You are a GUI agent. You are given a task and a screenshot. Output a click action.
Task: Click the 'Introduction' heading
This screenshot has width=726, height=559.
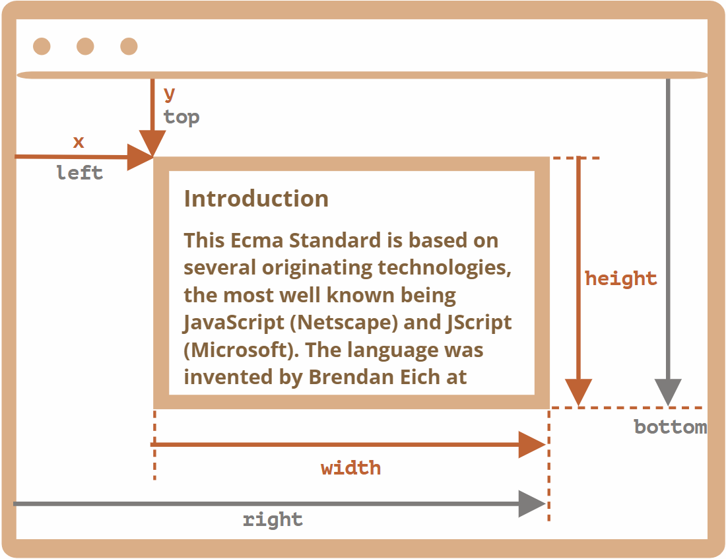[x=256, y=199]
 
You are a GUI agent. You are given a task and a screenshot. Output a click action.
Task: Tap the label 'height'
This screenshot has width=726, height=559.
[x=621, y=279]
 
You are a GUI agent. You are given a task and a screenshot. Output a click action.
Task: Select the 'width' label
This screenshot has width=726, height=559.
[x=350, y=468]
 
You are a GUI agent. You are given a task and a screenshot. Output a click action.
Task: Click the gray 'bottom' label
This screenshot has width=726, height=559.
[x=670, y=427]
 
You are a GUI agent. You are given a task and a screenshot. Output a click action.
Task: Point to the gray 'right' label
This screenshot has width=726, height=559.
[x=273, y=519]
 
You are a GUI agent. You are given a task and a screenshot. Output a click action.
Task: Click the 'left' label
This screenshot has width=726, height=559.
[x=80, y=173]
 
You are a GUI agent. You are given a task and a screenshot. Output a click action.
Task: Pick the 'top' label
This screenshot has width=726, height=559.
[x=181, y=117]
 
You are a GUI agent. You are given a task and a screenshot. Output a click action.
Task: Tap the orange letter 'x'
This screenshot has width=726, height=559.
[x=79, y=142]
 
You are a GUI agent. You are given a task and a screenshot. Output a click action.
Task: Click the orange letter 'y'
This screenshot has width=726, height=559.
[x=170, y=94]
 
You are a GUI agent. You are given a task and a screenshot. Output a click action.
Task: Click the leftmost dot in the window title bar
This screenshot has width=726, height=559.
[x=42, y=46]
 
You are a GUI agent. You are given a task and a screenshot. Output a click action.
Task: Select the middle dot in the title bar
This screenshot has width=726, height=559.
[x=85, y=46]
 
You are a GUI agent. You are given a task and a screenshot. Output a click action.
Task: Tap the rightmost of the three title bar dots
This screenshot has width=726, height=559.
[x=129, y=46]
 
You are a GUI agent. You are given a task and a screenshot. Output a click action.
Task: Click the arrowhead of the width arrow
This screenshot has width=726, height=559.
[x=532, y=445]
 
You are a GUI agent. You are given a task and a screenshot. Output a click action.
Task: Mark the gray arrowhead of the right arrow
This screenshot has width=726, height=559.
[x=532, y=504]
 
